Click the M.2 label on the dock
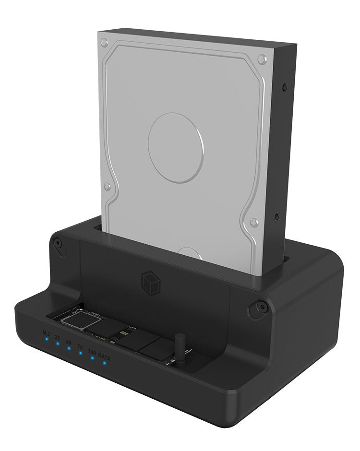(x=46, y=332)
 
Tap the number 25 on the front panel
(x=57, y=338)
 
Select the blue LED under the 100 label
(x=92, y=358)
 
